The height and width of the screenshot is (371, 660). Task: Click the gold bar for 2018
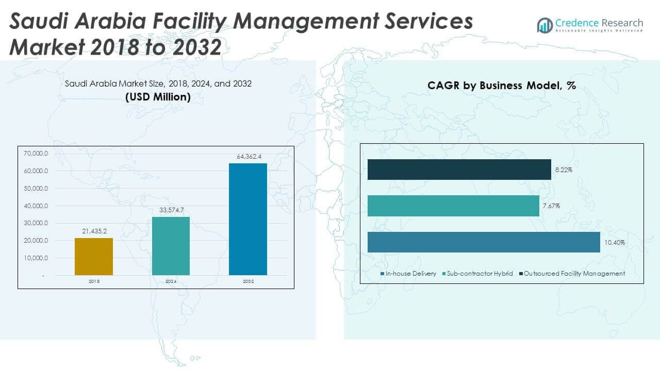tap(94, 256)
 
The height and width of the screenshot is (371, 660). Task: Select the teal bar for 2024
tap(171, 246)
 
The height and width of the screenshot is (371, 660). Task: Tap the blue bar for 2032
tap(248, 219)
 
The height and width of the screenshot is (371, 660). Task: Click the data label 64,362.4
tap(248, 157)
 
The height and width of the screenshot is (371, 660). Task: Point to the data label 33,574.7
tap(171, 210)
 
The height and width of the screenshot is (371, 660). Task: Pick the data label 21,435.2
tap(94, 231)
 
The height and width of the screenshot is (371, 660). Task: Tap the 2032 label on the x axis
tap(248, 282)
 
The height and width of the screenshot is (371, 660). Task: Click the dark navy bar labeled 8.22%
tap(459, 170)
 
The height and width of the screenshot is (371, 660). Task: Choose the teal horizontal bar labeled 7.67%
tap(453, 206)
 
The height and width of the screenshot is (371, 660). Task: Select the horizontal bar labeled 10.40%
tap(483, 242)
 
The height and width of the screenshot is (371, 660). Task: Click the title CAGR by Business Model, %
tap(501, 86)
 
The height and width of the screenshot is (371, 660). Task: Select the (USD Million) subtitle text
tap(158, 97)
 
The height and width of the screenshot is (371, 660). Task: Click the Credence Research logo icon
tap(544, 25)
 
